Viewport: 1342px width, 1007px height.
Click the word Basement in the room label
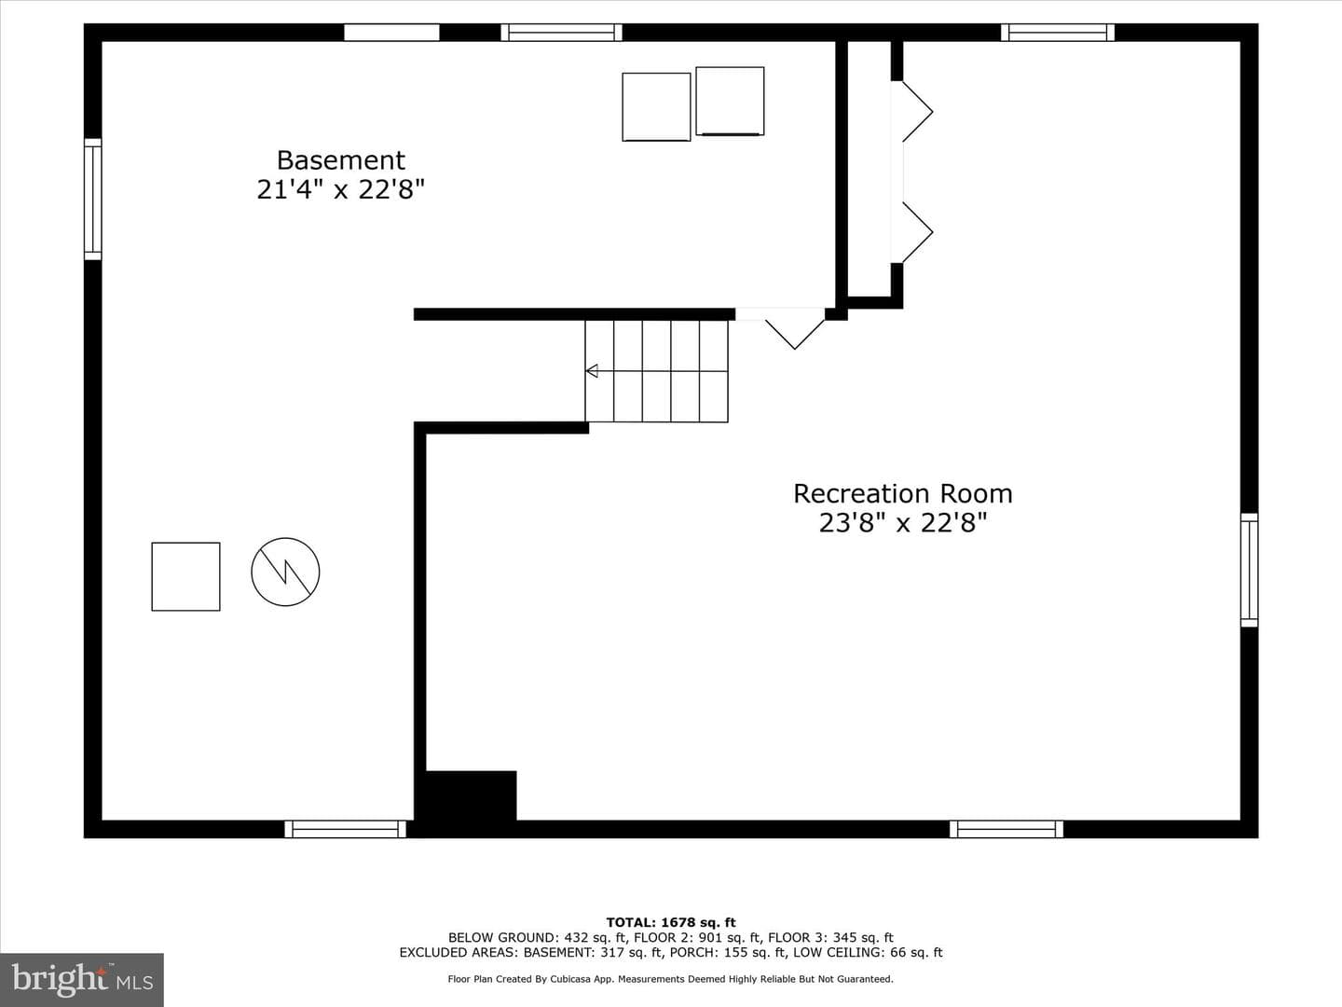pyautogui.click(x=340, y=160)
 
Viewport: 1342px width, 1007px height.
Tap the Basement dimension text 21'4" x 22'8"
pyautogui.click(x=340, y=189)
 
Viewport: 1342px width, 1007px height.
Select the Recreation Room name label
pyautogui.click(x=902, y=493)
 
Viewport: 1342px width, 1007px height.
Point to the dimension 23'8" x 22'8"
pyautogui.click(x=902, y=523)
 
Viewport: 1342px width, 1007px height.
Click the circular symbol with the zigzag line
pyautogui.click(x=285, y=572)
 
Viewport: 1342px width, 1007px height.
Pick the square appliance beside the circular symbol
pyautogui.click(x=185, y=576)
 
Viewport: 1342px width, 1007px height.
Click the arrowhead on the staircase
pyautogui.click(x=591, y=370)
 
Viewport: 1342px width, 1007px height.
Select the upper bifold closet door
pyautogui.click(x=917, y=111)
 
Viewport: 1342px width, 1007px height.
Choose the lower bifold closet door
pyautogui.click(x=917, y=232)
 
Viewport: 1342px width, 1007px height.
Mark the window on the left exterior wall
pyautogui.click(x=93, y=200)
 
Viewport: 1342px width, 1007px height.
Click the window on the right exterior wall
pyautogui.click(x=1249, y=570)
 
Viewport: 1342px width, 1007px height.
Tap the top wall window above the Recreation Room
pyautogui.click(x=1057, y=33)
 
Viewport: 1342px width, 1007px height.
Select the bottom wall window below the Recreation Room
pyautogui.click(x=1006, y=829)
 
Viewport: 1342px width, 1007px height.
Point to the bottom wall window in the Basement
pyautogui.click(x=345, y=829)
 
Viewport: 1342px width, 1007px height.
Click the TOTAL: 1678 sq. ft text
pyautogui.click(x=671, y=922)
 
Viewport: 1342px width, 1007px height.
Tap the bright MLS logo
pyautogui.click(x=82, y=980)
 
